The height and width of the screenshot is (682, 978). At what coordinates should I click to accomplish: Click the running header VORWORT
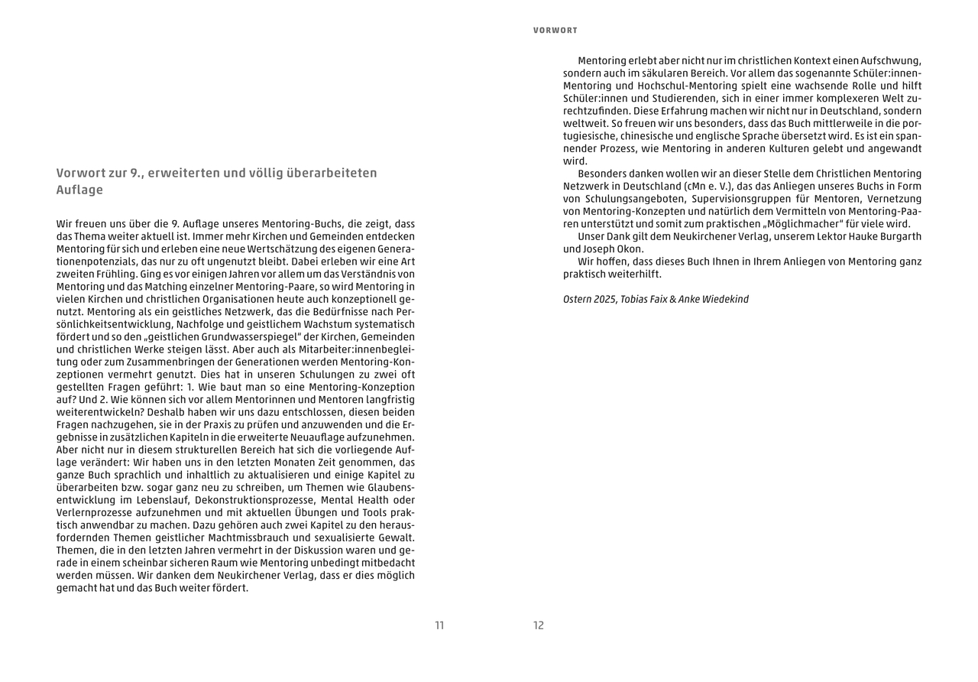[x=555, y=31]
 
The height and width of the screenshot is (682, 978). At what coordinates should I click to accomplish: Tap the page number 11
[x=439, y=625]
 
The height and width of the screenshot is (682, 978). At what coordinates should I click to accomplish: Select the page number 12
[x=539, y=625]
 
